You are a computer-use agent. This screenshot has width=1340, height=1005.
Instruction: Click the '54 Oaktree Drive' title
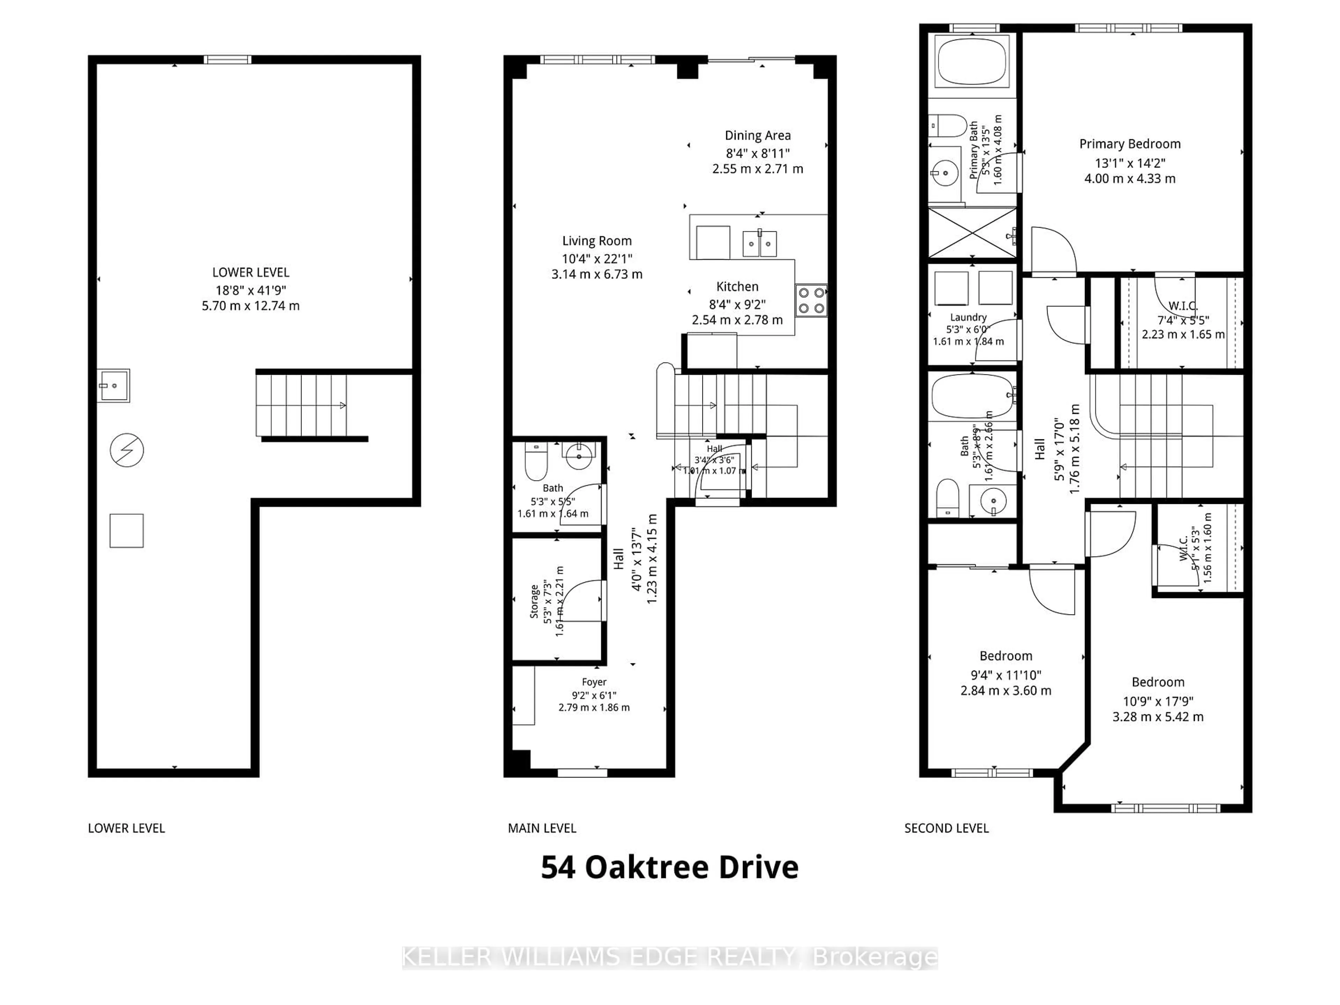coord(669,868)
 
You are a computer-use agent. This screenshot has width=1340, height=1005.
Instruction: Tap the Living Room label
coord(597,241)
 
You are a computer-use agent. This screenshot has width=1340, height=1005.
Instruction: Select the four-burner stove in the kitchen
coord(811,300)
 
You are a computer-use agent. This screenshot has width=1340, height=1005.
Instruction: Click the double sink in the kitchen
coord(760,244)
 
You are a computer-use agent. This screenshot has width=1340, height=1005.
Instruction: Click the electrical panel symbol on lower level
coord(127,450)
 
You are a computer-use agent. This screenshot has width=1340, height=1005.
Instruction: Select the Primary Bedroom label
coord(1130,144)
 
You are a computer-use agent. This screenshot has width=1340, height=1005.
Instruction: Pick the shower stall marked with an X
coord(972,233)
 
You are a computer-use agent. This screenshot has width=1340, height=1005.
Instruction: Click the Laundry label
coord(968,318)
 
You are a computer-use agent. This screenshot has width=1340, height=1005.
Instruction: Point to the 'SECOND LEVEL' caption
coord(946,828)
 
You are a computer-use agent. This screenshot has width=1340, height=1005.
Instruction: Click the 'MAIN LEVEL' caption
coord(542,828)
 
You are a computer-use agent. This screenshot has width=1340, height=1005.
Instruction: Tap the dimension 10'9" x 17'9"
coord(1157,701)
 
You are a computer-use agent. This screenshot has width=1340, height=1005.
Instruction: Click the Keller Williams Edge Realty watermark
coord(669,957)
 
